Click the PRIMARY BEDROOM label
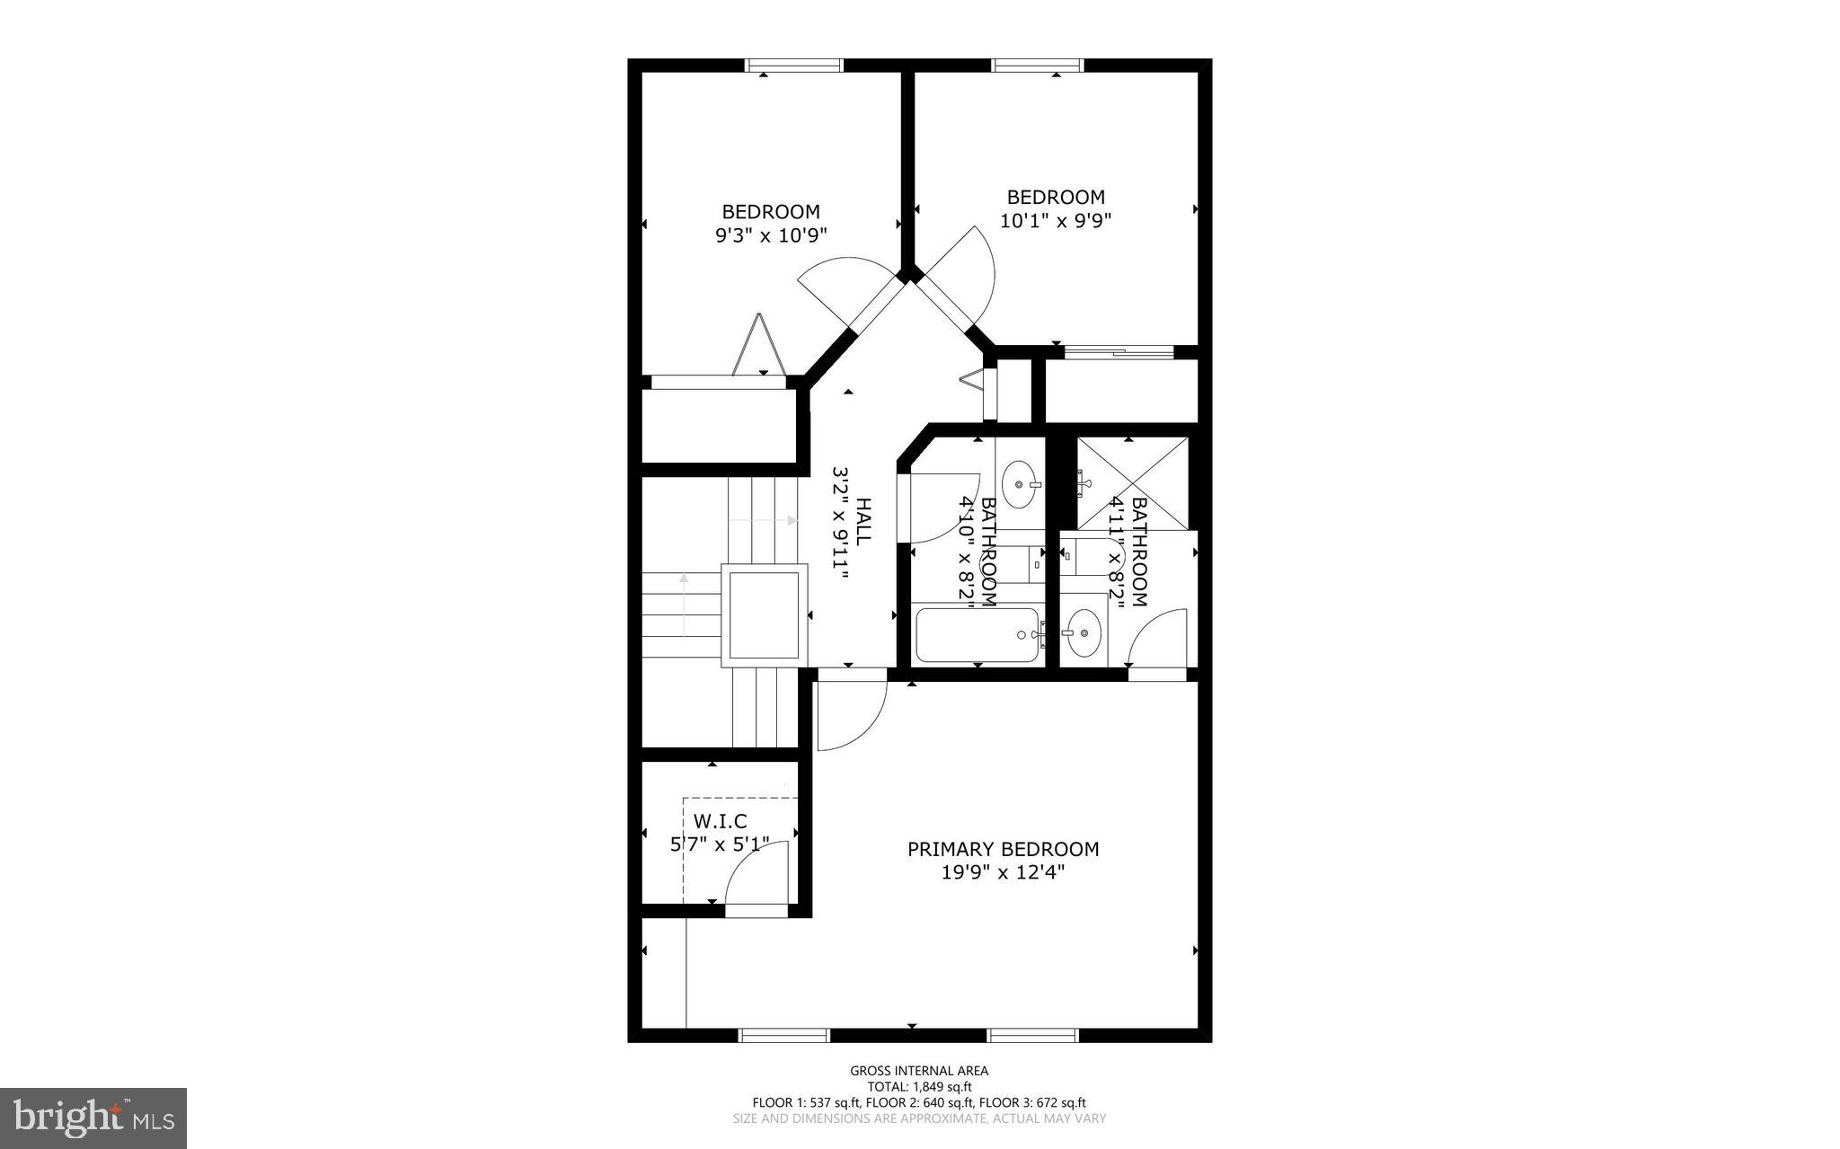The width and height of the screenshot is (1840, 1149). (1003, 849)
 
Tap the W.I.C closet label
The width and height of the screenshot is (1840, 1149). (720, 821)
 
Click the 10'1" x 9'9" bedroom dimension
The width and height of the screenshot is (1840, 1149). (1056, 220)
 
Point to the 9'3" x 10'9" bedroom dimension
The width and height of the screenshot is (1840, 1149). (771, 235)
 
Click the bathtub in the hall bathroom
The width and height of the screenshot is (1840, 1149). (977, 635)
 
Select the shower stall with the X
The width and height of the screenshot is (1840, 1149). (1132, 483)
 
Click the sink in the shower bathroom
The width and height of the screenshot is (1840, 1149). (1084, 632)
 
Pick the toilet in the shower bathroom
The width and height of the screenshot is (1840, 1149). (1084, 557)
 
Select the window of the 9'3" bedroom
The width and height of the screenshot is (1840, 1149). (794, 65)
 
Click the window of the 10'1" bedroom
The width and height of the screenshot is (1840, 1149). (1038, 65)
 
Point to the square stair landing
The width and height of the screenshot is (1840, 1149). (764, 615)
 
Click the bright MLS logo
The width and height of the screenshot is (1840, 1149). (93, 1118)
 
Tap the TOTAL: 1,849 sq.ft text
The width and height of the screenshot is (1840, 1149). (919, 1086)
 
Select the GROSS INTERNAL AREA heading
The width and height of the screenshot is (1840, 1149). (919, 1070)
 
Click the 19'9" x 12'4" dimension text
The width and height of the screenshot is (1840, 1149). (1003, 871)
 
